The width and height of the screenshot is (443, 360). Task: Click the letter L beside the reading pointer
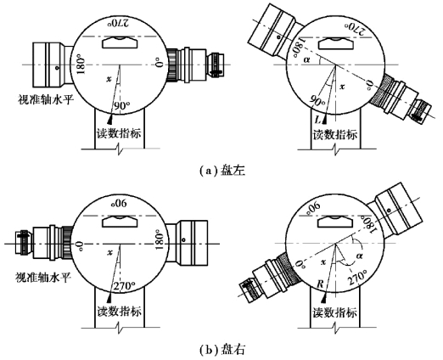click(318, 120)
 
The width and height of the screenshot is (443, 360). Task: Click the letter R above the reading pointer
click(320, 284)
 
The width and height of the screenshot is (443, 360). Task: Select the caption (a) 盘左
click(222, 171)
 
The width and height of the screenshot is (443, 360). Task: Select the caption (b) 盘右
click(222, 351)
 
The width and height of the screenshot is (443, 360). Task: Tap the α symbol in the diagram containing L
click(306, 59)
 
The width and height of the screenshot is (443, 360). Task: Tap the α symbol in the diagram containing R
click(360, 256)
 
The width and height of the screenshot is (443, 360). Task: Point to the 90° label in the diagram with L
click(317, 100)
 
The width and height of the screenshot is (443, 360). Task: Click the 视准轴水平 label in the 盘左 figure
click(46, 99)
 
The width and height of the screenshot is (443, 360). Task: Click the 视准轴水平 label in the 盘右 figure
click(42, 278)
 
